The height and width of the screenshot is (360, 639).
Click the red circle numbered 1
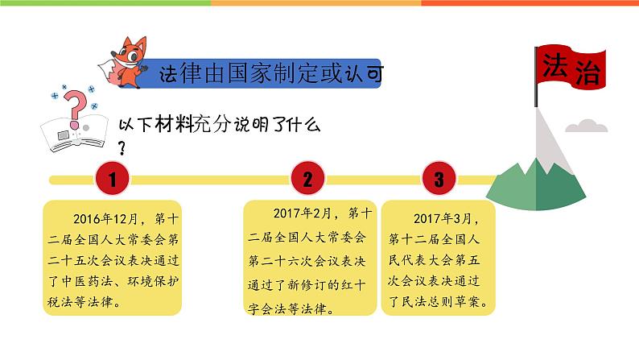113,179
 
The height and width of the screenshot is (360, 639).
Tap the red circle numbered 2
307,179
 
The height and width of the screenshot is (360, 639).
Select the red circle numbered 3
438,179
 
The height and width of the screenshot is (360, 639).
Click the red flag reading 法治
571,66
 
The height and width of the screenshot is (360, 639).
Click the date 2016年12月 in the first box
106,217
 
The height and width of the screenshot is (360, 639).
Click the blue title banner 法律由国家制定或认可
270,74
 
